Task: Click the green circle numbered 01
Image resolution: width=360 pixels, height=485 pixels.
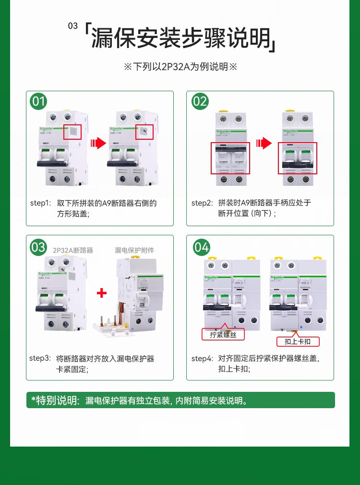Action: coord(39,101)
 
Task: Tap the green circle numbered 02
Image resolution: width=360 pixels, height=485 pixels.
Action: coord(200,101)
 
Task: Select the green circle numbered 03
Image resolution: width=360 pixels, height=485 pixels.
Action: coord(38,247)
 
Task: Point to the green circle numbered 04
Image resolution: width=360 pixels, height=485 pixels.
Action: coord(201,247)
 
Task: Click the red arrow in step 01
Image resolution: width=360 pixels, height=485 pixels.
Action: coord(98,143)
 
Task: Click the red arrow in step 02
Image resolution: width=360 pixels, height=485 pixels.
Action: coord(264,143)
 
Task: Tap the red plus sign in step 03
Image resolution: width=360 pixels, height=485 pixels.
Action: coord(101,293)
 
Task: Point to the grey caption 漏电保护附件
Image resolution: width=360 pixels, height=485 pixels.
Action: coord(135,250)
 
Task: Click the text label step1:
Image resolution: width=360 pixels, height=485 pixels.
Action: coord(40,203)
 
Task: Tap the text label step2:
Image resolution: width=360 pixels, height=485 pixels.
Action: coord(202,203)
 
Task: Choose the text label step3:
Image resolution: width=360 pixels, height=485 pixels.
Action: coord(40,358)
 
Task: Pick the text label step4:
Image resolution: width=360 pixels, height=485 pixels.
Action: coord(202,358)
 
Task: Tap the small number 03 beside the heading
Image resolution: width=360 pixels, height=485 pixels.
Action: coord(73,26)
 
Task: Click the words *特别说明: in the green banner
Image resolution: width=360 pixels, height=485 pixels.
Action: coord(55,400)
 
